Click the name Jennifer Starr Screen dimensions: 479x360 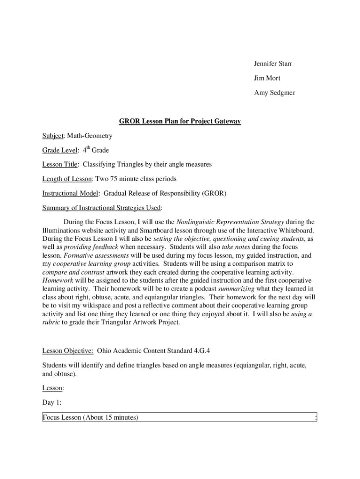[x=274, y=63]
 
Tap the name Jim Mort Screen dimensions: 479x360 [x=267, y=78]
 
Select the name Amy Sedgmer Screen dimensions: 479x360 [x=274, y=93]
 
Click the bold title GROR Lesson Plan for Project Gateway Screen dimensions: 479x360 [x=180, y=121]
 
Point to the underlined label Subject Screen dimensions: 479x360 [x=52, y=136]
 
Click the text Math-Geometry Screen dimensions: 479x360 [x=89, y=136]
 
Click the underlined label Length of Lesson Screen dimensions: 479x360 [x=68, y=179]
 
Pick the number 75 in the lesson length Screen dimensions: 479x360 [x=115, y=179]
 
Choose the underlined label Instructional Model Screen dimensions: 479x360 [x=71, y=193]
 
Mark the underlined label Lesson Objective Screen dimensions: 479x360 [x=67, y=350]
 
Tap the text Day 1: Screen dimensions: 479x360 [x=52, y=402]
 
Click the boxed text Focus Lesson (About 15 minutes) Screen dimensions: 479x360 [x=90, y=417]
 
